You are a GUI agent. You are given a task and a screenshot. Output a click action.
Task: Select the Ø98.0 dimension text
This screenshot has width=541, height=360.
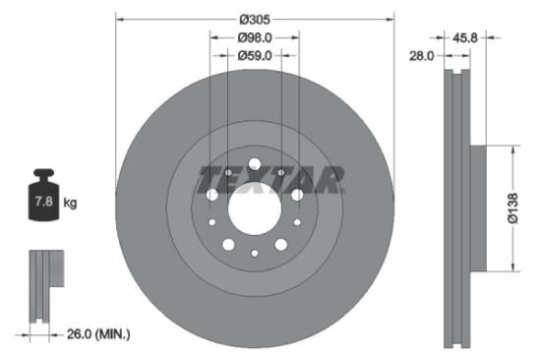[255, 37]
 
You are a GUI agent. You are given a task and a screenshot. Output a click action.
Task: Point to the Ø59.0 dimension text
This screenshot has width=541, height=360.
[255, 55]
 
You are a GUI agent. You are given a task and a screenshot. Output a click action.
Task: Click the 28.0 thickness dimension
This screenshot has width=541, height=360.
[422, 56]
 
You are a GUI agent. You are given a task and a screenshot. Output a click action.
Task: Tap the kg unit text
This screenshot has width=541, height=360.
[70, 203]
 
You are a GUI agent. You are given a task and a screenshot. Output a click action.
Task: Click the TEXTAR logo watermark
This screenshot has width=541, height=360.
[270, 180]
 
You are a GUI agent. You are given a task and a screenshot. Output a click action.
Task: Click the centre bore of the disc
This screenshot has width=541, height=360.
[255, 209]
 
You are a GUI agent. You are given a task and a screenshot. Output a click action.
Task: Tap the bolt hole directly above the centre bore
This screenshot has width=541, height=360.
[255, 164]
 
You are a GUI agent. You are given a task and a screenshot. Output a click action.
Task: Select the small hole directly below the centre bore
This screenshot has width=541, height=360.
[255, 254]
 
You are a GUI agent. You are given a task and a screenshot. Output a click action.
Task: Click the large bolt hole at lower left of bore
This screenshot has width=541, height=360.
[228, 244]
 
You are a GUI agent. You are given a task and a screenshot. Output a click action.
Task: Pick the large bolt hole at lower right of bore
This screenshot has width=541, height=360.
[281, 244]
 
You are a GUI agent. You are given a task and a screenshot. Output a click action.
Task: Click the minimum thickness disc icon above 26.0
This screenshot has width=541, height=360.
[44, 284]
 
